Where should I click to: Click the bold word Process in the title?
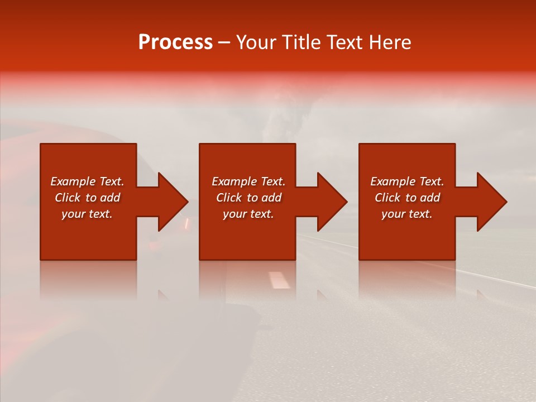click(x=175, y=42)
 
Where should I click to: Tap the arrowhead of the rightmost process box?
click(x=491, y=202)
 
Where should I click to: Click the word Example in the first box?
click(x=73, y=181)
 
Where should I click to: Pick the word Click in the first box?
click(x=68, y=198)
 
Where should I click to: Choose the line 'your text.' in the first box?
click(x=87, y=214)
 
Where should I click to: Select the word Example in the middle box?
click(x=234, y=181)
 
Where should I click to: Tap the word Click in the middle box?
click(x=229, y=198)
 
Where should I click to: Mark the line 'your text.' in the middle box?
click(x=248, y=214)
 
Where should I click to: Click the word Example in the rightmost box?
click(x=393, y=181)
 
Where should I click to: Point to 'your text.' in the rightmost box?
click(x=406, y=214)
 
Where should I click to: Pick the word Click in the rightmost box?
click(x=387, y=198)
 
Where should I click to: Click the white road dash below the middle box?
click(x=279, y=280)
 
